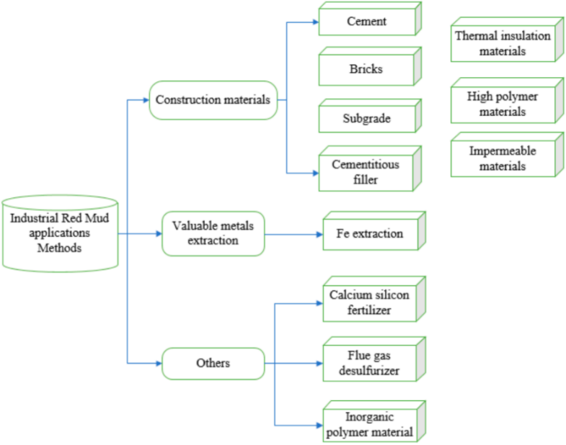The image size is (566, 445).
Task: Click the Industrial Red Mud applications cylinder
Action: (60, 233)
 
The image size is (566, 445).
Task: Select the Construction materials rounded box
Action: (213, 100)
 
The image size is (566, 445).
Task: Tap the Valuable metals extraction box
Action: (213, 234)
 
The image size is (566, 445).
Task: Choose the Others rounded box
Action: (213, 364)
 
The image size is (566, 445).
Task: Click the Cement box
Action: (370, 19)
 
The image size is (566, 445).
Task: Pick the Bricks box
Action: (370, 66)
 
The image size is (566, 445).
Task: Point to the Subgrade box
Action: (370, 116)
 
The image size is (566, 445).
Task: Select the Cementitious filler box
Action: (370, 168)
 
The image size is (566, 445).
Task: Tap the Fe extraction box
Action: (374, 231)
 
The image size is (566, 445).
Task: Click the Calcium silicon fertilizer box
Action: (374, 299)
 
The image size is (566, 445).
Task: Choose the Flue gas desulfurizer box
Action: (374, 359)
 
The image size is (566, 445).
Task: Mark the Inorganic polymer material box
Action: (374, 421)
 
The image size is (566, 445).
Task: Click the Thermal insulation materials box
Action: (507, 40)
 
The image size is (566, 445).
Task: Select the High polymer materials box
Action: (507, 101)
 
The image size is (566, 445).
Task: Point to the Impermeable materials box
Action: (507, 155)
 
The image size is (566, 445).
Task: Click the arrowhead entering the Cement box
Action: (316, 22)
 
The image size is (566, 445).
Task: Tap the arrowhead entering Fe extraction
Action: (320, 235)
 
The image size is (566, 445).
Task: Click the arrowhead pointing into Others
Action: (159, 363)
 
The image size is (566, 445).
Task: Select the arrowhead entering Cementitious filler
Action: (316, 173)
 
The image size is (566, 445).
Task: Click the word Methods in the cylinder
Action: (60, 248)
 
